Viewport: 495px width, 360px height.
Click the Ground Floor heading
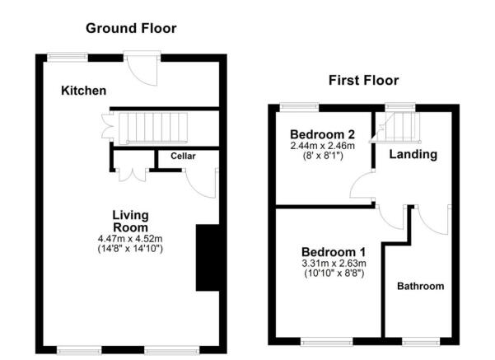pos(132,28)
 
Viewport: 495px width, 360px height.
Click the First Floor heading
pos(363,80)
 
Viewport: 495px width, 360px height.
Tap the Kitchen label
pos(83,91)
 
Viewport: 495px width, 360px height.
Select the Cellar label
pos(183,156)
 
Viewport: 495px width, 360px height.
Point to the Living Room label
pos(130,221)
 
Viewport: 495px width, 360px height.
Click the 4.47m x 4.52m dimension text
pos(130,239)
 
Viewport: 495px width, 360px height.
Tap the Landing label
pos(413,154)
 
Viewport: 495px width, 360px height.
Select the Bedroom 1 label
pos(334,251)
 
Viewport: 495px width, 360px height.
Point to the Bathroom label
pos(420,287)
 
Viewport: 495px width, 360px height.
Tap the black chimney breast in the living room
pos(206,257)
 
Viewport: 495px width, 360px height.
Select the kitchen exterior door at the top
pos(141,66)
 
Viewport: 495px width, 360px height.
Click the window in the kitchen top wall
pos(68,57)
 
